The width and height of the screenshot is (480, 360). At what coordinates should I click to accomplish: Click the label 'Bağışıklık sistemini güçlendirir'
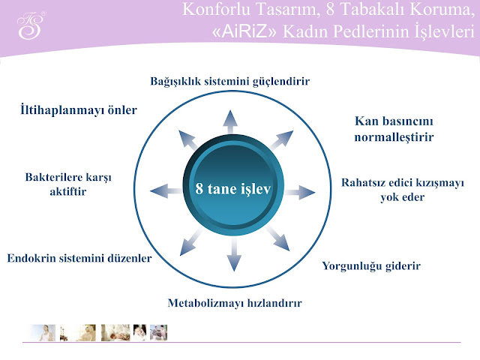pyautogui.click(x=229, y=81)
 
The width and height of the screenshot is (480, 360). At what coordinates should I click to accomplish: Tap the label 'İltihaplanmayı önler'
pyautogui.click(x=78, y=110)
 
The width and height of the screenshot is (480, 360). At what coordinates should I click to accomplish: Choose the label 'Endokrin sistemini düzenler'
pyautogui.click(x=79, y=258)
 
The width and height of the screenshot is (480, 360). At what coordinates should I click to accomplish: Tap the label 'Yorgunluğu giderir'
pyautogui.click(x=371, y=265)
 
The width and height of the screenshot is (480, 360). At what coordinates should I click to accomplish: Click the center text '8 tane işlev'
pyautogui.click(x=232, y=187)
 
